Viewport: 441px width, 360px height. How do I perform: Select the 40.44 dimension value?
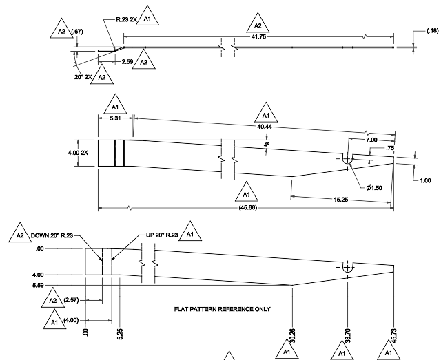point(265,127)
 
